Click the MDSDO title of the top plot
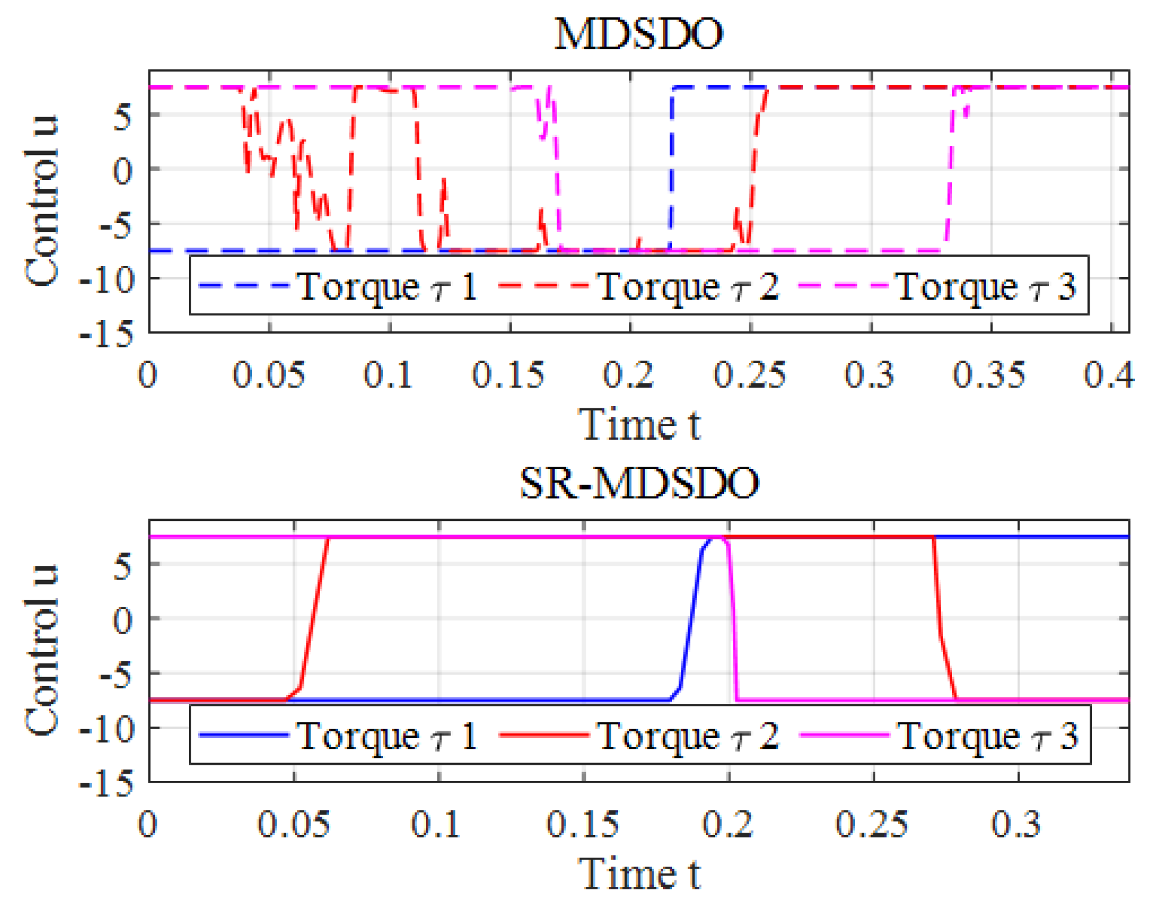point(638,34)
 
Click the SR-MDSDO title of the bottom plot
point(639,483)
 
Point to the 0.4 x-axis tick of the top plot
point(1109,375)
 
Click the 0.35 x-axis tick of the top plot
point(989,375)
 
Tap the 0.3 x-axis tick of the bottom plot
point(1016,824)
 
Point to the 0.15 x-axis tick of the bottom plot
point(582,824)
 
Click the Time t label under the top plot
point(639,424)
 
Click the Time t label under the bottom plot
point(639,874)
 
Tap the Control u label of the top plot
point(42,201)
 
